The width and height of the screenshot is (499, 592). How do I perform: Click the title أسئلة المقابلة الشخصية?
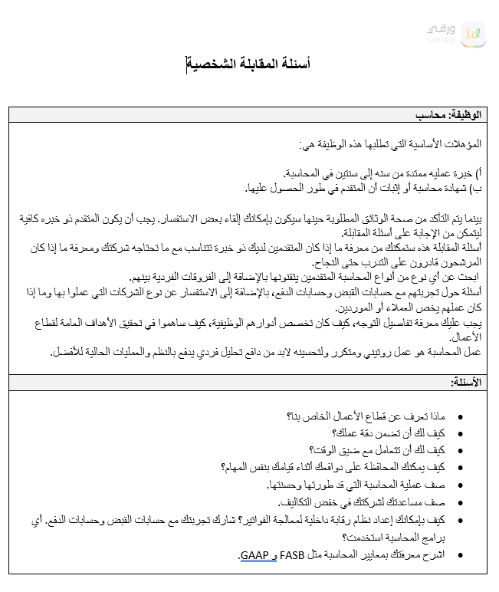[249, 63]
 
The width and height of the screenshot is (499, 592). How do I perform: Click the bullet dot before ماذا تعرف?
[459, 416]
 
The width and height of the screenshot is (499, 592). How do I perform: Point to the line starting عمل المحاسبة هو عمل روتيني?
[264, 352]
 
